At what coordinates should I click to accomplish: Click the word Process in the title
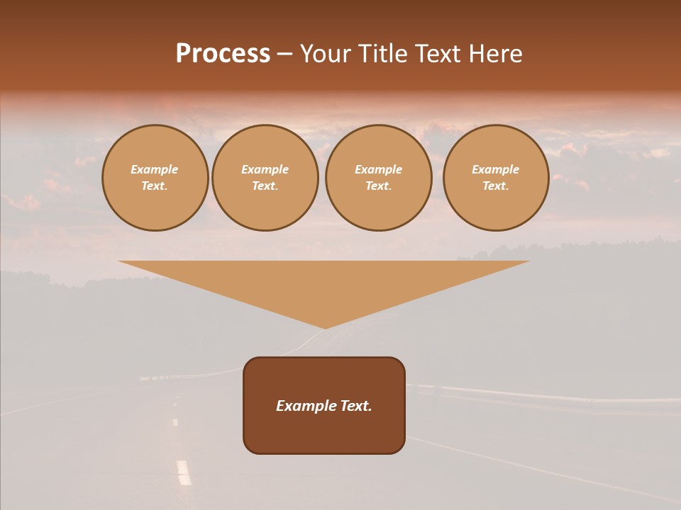click(223, 54)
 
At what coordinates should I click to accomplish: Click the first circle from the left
click(155, 178)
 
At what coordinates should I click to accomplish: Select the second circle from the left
click(265, 178)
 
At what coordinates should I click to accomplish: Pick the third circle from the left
click(379, 178)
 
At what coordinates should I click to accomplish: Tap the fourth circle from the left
click(496, 178)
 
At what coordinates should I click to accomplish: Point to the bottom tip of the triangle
click(326, 327)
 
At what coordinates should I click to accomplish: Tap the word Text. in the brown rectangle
click(355, 406)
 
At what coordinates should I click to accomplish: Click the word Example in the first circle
click(155, 169)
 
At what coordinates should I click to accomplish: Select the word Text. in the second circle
click(265, 186)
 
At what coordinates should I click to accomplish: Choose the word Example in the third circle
click(379, 169)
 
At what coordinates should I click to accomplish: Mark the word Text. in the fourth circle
click(496, 186)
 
